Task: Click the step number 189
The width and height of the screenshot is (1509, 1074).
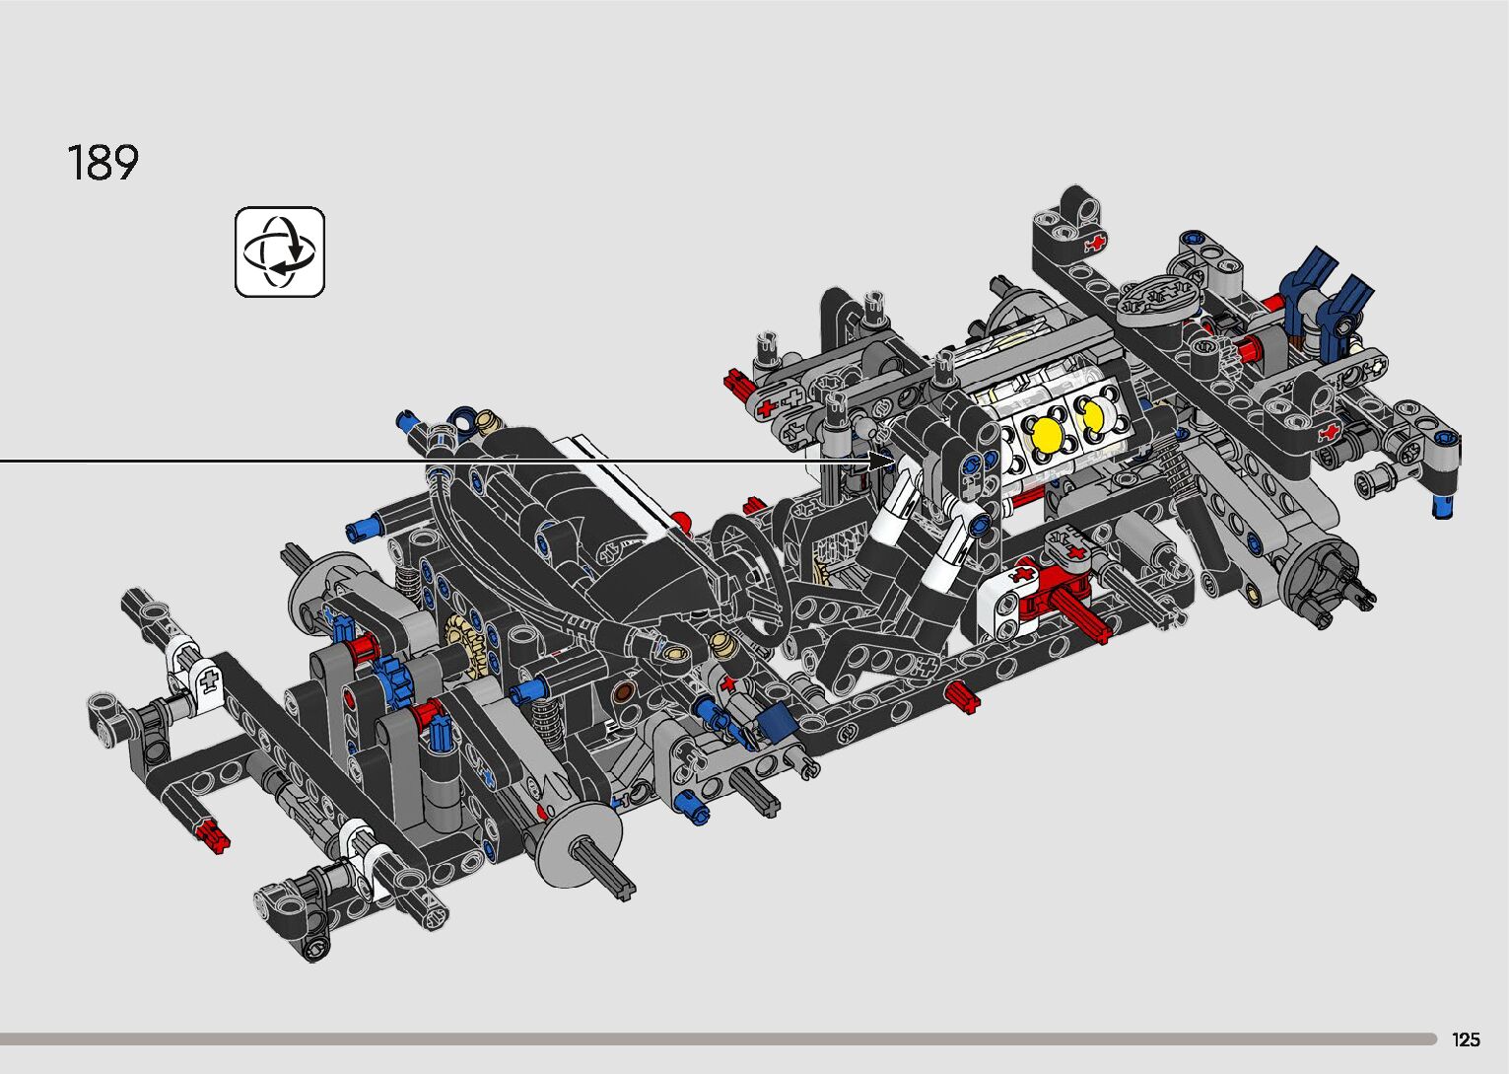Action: pyautogui.click(x=103, y=163)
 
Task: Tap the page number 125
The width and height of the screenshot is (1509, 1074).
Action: pyautogui.click(x=1466, y=1038)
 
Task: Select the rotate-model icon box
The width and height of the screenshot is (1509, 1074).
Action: pyautogui.click(x=280, y=251)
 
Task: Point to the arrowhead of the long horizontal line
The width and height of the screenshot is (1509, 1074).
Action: pyautogui.click(x=882, y=462)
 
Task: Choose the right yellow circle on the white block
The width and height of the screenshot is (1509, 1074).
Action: pyautogui.click(x=1092, y=415)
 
